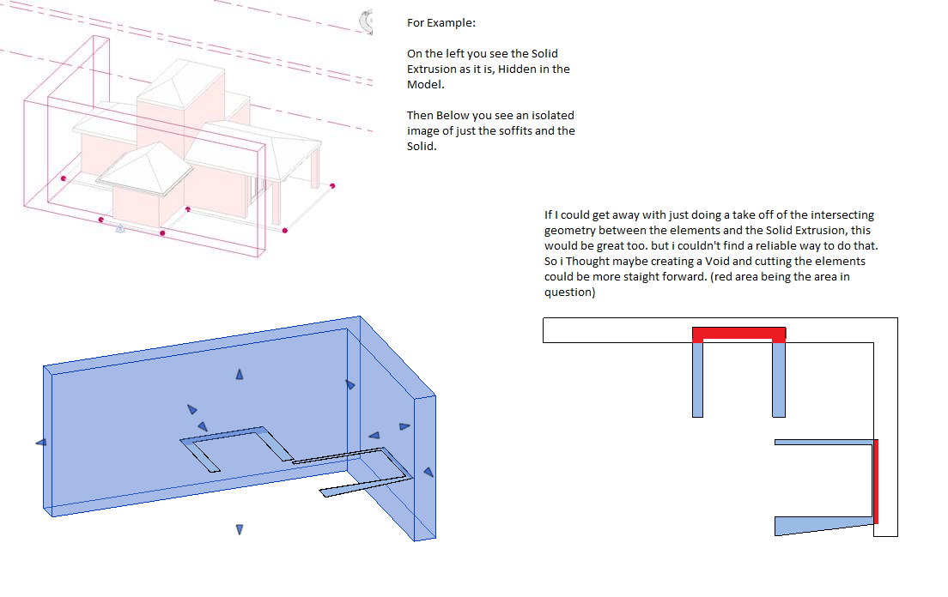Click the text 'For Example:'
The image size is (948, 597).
click(x=441, y=23)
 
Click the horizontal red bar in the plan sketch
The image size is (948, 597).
click(x=738, y=334)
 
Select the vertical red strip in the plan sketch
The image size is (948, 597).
click(x=876, y=482)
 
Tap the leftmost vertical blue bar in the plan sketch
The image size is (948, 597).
click(x=698, y=380)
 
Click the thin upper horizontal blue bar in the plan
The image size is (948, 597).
click(x=824, y=443)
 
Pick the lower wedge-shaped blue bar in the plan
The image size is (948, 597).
click(x=824, y=525)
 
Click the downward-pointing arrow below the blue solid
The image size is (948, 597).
click(x=240, y=529)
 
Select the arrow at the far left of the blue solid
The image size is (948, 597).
click(x=41, y=443)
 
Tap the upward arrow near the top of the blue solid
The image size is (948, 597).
click(x=240, y=374)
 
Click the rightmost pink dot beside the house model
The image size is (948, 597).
click(x=332, y=186)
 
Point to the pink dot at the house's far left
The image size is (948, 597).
click(x=64, y=178)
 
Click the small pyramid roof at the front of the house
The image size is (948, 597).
click(x=145, y=168)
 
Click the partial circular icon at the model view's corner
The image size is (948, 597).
click(x=367, y=21)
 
